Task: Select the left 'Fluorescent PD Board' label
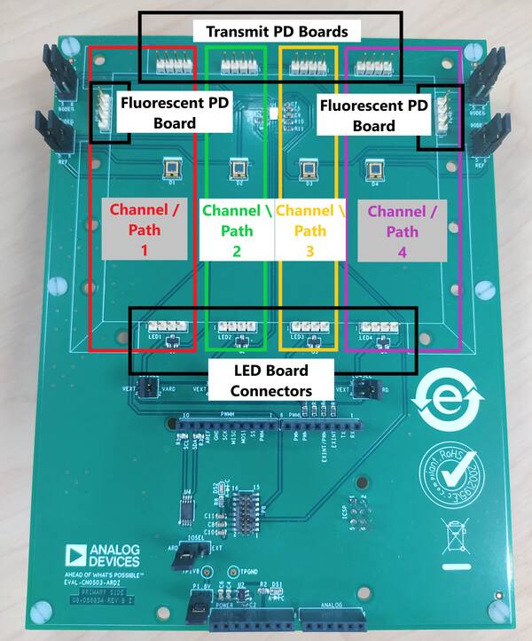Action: coord(161,113)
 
